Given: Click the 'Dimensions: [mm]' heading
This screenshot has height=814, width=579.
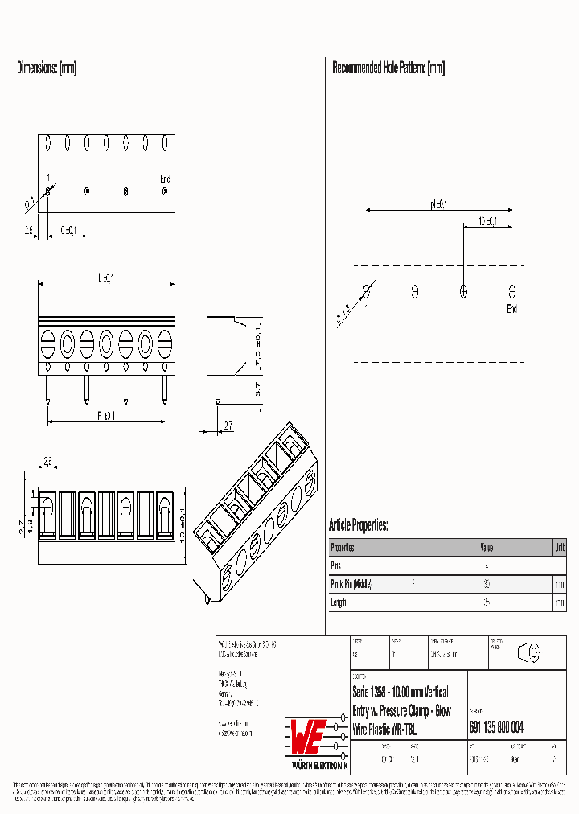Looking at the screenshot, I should pos(47,68).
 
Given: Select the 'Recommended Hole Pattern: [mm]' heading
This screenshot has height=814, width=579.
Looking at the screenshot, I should pos(388,68).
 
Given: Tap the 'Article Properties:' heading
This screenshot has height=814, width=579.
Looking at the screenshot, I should pos(358,525).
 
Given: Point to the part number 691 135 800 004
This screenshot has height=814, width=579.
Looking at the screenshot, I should pos(496,727).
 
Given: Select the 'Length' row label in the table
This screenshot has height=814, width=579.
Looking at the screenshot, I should pos(339,602).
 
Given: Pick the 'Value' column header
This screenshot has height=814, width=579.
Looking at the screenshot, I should pos(487,548).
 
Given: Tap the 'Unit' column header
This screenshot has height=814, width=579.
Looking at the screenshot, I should pos(559,548).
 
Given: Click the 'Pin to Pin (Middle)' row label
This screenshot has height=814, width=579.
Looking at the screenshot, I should pos(351,584).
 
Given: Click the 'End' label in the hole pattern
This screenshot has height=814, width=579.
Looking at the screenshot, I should pos(512,309).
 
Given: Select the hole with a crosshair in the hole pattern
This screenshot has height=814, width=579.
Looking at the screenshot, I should pos(463,292).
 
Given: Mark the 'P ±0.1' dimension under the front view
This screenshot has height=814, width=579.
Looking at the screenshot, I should pos(105,415).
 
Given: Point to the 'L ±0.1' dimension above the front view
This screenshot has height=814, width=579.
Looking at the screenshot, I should pos(105,278).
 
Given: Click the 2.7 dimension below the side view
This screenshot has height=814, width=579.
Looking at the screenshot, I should pos(228,426).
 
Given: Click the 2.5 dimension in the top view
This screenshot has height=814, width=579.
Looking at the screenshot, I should pos(28,231).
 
